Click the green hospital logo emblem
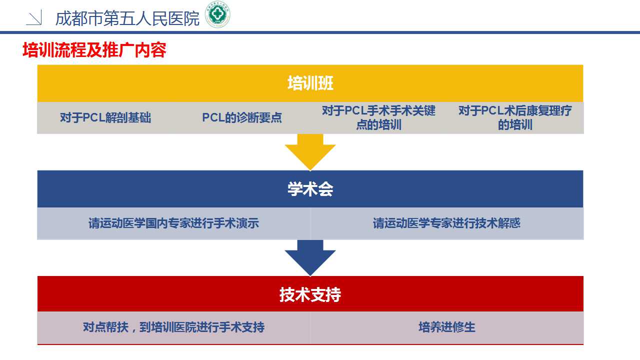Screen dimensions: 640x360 click(x=217, y=14)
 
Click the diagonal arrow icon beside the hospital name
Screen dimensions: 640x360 click(x=34, y=17)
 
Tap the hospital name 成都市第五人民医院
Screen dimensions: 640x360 click(x=127, y=18)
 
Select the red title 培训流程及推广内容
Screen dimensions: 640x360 click(x=94, y=50)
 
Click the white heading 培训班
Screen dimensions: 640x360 click(x=310, y=83)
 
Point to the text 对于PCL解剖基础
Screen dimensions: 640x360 click(x=105, y=117)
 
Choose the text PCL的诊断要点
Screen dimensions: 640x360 click(x=241, y=117)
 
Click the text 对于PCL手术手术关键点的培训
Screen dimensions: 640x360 click(x=378, y=117)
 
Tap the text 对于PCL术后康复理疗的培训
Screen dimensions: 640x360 click(x=515, y=117)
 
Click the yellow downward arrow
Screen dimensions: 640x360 click(x=310, y=152)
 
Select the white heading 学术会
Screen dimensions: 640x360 click(x=310, y=189)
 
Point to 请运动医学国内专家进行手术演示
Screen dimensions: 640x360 click(x=173, y=223)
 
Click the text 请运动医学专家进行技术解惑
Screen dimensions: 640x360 click(x=446, y=223)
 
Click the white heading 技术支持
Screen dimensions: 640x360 click(x=310, y=294)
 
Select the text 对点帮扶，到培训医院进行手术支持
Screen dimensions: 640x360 click(x=173, y=327)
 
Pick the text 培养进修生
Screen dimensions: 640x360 click(x=447, y=327)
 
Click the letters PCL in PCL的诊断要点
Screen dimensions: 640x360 click(x=213, y=117)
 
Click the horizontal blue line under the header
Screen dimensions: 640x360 click(x=320, y=32)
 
